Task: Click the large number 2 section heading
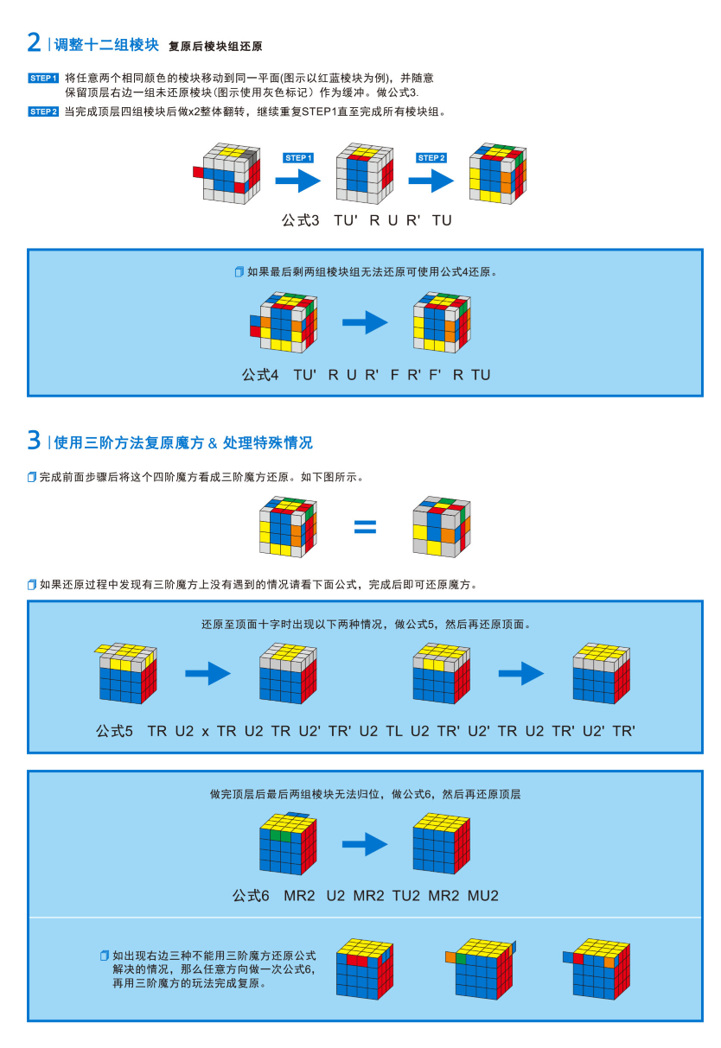tap(35, 42)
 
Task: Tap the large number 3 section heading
tap(35, 441)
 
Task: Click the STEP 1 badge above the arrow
tap(298, 158)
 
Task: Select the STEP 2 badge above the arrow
tap(431, 158)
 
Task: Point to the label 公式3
tap(300, 220)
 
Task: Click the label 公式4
tap(260, 375)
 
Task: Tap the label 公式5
tap(114, 731)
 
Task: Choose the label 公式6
tap(251, 896)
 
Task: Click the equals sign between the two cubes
tap(365, 525)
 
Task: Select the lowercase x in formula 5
tap(206, 731)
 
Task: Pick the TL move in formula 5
tap(394, 731)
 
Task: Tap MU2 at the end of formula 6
tap(483, 896)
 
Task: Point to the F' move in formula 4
tap(436, 375)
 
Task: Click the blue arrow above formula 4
tap(365, 323)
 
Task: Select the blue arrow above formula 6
tap(365, 843)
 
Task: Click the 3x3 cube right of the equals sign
tap(441, 525)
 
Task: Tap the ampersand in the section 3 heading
tap(213, 443)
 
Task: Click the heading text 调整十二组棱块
tap(106, 44)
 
